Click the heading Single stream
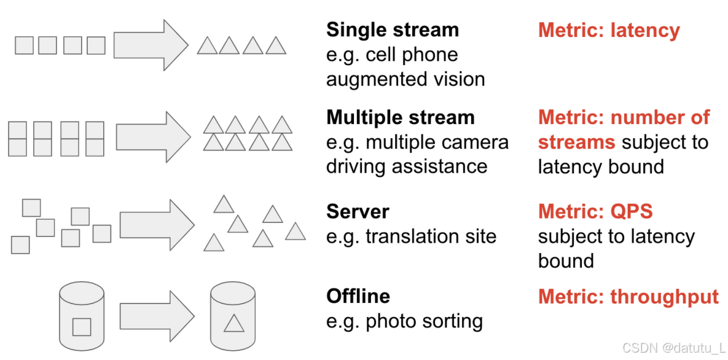392,30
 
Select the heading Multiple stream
400,117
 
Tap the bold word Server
358,211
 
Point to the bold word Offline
358,296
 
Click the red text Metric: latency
609,31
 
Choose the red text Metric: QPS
595,211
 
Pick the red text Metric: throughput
628,297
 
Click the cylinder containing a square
82,316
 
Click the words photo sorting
424,321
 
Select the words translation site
431,237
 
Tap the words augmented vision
405,79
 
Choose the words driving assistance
407,166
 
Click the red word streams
576,143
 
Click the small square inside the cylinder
82,327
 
